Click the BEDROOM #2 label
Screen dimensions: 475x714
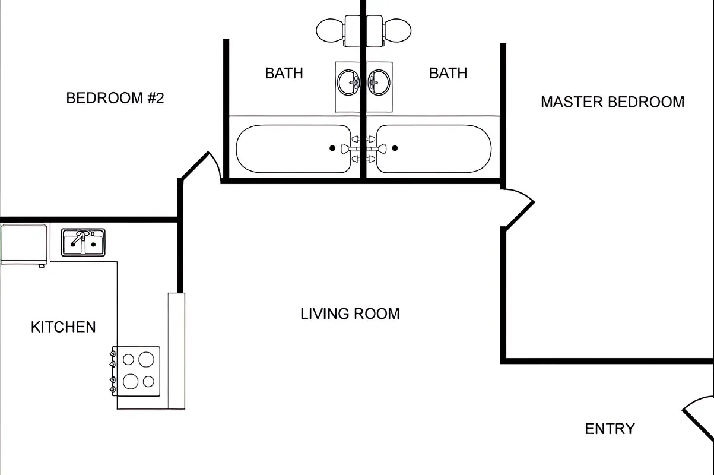coord(115,98)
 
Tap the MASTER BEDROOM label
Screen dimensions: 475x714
coord(612,102)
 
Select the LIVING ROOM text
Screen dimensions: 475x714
coord(350,313)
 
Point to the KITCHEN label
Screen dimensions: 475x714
coord(63,327)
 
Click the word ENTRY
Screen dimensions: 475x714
coord(610,429)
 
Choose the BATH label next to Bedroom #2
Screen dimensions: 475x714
coord(284,73)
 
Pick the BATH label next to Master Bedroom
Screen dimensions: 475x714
coord(448,73)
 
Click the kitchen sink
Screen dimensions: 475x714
coord(83,242)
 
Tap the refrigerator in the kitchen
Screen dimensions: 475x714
coord(23,243)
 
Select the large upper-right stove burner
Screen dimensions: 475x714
coord(146,359)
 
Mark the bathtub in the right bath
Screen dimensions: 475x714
coord(434,149)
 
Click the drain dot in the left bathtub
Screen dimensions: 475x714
coord(332,148)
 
